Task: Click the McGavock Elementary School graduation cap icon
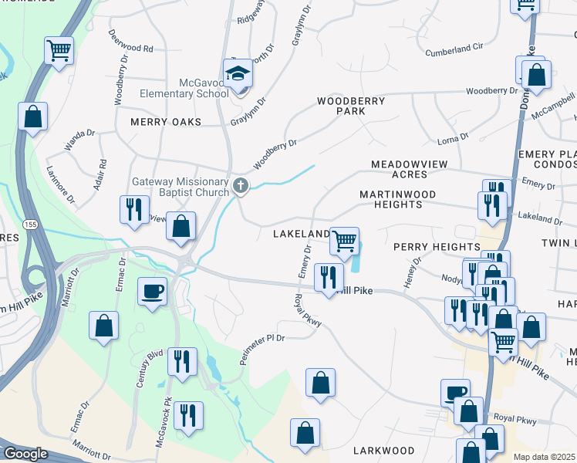click(x=238, y=74)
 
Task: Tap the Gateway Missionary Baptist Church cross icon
click(x=241, y=185)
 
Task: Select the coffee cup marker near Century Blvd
click(x=152, y=292)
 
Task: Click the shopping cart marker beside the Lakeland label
click(x=344, y=241)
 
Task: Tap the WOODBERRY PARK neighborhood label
click(x=351, y=106)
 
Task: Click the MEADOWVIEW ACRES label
click(x=399, y=170)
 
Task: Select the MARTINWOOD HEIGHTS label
click(x=398, y=199)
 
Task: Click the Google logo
click(x=25, y=453)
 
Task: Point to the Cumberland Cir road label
click(x=454, y=50)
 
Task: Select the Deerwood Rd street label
click(x=131, y=42)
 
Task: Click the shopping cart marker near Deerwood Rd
click(x=59, y=51)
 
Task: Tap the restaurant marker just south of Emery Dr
click(x=329, y=278)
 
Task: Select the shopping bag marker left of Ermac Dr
click(x=103, y=326)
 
